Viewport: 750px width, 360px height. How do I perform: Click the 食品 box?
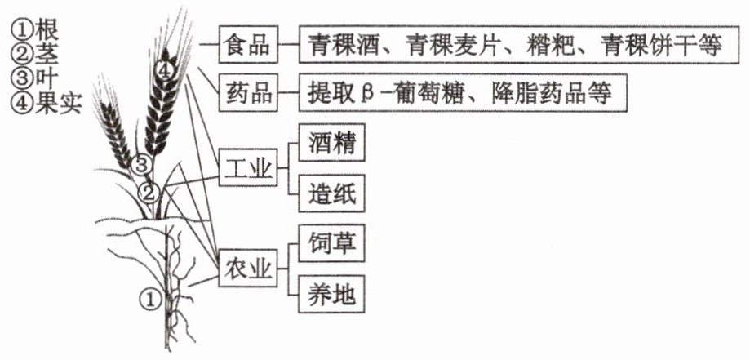pos(248,45)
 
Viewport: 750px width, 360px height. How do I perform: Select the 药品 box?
pos(248,93)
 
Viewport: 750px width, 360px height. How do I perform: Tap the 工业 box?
pos(248,167)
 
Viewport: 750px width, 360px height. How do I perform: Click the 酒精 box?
pos(332,142)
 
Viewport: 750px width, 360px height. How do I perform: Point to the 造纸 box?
pos(332,193)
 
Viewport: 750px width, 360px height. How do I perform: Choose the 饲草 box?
pos(332,243)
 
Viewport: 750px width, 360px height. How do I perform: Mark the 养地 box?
pos(332,294)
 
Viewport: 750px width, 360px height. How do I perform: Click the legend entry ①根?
pos(34,31)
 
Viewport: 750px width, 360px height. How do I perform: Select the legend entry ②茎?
pos(34,55)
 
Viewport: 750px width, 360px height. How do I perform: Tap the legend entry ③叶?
pos(34,78)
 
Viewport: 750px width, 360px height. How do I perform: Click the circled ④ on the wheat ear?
pos(163,72)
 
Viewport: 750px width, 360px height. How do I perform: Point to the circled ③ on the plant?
pos(140,166)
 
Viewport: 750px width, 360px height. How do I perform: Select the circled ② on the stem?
pos(148,193)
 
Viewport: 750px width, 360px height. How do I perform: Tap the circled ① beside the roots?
pos(149,300)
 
